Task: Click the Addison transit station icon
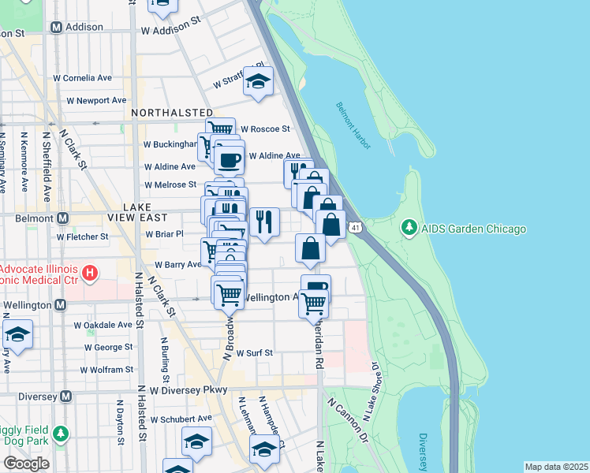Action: pos(56,27)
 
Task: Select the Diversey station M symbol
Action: pos(66,396)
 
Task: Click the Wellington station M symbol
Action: pos(60,304)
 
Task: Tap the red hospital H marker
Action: pos(91,273)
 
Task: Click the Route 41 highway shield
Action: pos(357,228)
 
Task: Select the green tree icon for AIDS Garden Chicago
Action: pos(409,229)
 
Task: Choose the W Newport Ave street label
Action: pos(96,100)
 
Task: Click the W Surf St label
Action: pos(254,353)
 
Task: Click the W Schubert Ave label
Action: pos(181,419)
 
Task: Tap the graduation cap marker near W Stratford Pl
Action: pos(257,81)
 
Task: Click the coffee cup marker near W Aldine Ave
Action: pos(229,160)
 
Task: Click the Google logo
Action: pos(26,464)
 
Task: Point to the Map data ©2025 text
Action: pos(556,467)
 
